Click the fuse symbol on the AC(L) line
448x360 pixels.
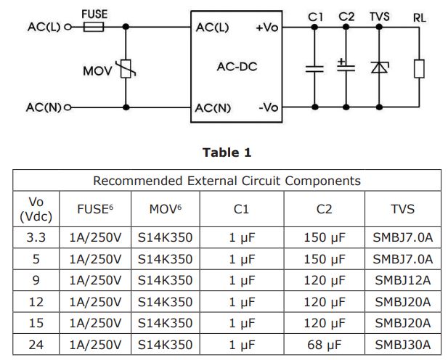[94, 28]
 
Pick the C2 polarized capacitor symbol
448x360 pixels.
[346, 67]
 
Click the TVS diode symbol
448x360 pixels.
[378, 67]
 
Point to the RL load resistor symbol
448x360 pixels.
[418, 68]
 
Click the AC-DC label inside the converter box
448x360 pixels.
[237, 67]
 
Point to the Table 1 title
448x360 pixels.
[227, 152]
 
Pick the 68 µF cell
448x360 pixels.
[324, 344]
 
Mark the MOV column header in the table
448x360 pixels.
[165, 209]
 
